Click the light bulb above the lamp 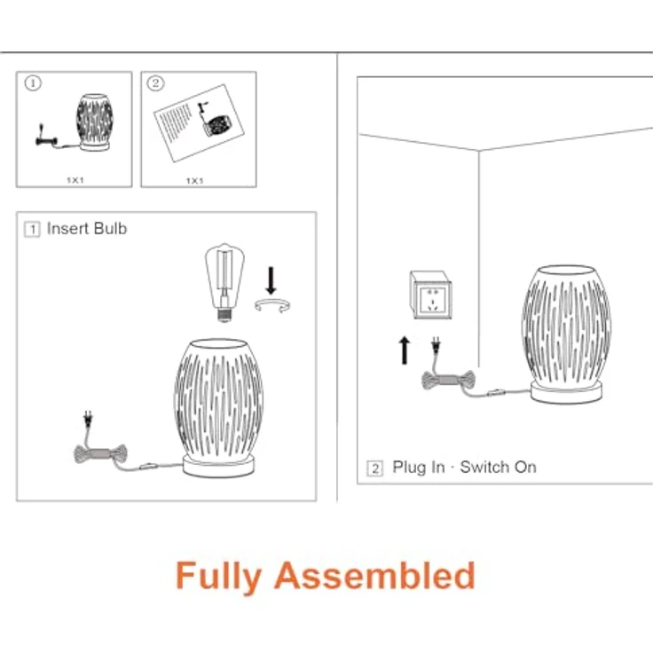tap(224, 282)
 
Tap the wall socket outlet tap(430, 295)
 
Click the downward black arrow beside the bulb tap(271, 280)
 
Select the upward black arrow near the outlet tap(404, 350)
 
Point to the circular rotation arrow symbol tap(272, 306)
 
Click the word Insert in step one tap(68, 229)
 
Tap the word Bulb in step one tap(110, 229)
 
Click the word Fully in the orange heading tap(218, 577)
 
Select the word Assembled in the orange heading tap(374, 576)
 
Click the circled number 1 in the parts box tap(33, 83)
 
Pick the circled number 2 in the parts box tap(155, 83)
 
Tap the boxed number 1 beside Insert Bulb tap(33, 230)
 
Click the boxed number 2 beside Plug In tap(374, 468)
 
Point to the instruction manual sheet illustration tap(199, 122)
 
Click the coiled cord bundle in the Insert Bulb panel tap(100, 453)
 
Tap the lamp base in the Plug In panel tap(566, 393)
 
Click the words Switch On tap(498, 468)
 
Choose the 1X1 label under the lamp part tap(75, 180)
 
